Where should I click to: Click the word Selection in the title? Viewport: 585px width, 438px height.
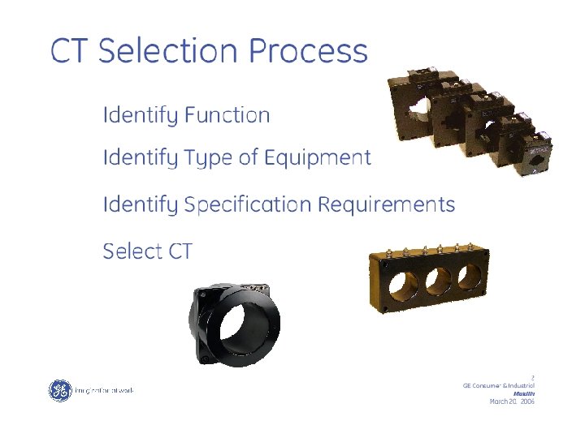click(169, 50)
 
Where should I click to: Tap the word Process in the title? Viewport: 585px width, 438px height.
click(308, 50)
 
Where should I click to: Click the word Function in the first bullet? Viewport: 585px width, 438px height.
click(227, 115)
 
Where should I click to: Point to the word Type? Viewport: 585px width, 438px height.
click(210, 158)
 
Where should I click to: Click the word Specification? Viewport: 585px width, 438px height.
click(248, 204)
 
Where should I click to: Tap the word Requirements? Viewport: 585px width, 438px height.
click(386, 204)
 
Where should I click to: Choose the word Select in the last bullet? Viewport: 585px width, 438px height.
click(132, 251)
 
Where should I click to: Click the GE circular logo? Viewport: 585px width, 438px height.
click(60, 390)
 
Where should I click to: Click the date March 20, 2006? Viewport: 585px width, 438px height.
click(511, 401)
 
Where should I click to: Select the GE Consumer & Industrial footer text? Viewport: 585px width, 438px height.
click(497, 384)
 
